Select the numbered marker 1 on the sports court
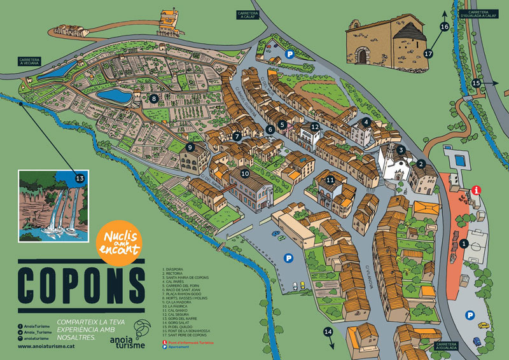click(x=463, y=243)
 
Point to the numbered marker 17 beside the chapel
click(x=428, y=54)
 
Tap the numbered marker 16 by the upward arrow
click(x=444, y=26)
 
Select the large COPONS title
click(x=81, y=282)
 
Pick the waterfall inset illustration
click(x=48, y=205)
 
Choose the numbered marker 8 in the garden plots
click(x=154, y=98)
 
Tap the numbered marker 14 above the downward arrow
click(x=328, y=331)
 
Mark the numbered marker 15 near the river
click(x=477, y=83)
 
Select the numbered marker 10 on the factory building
click(x=245, y=172)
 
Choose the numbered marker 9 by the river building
click(x=190, y=147)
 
